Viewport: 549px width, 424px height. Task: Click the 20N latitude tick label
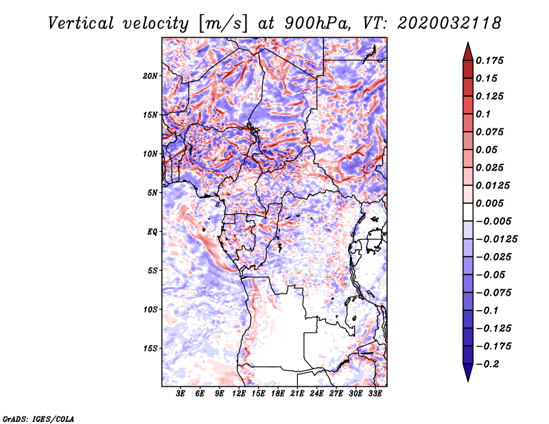coord(150,76)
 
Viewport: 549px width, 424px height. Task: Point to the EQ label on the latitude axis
coord(152,232)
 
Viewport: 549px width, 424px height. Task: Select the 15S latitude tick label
coord(150,349)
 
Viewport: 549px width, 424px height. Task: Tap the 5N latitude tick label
coord(152,193)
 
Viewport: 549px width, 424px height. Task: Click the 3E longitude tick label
coord(180,393)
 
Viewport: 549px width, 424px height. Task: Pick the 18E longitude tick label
coord(278,393)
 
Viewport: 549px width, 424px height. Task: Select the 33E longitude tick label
coord(375,393)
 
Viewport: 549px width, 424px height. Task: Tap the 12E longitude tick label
coord(239,393)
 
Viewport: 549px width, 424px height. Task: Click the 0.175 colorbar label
coord(489,60)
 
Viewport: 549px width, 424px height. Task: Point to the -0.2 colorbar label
coord(488,364)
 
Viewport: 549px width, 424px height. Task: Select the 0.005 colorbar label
coord(489,203)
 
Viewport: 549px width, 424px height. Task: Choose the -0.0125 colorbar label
coord(496,239)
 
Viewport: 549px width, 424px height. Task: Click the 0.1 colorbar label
coord(483,114)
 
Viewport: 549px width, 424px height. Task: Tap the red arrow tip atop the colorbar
coord(468,43)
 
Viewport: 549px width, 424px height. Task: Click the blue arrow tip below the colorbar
coord(468,381)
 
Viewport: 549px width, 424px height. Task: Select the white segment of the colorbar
coord(468,212)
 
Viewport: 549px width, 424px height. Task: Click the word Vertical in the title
coord(81,23)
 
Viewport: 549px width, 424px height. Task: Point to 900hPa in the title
coord(317,23)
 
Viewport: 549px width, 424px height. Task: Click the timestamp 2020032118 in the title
coord(449,23)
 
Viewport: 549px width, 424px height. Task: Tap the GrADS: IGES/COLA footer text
coord(38,419)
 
